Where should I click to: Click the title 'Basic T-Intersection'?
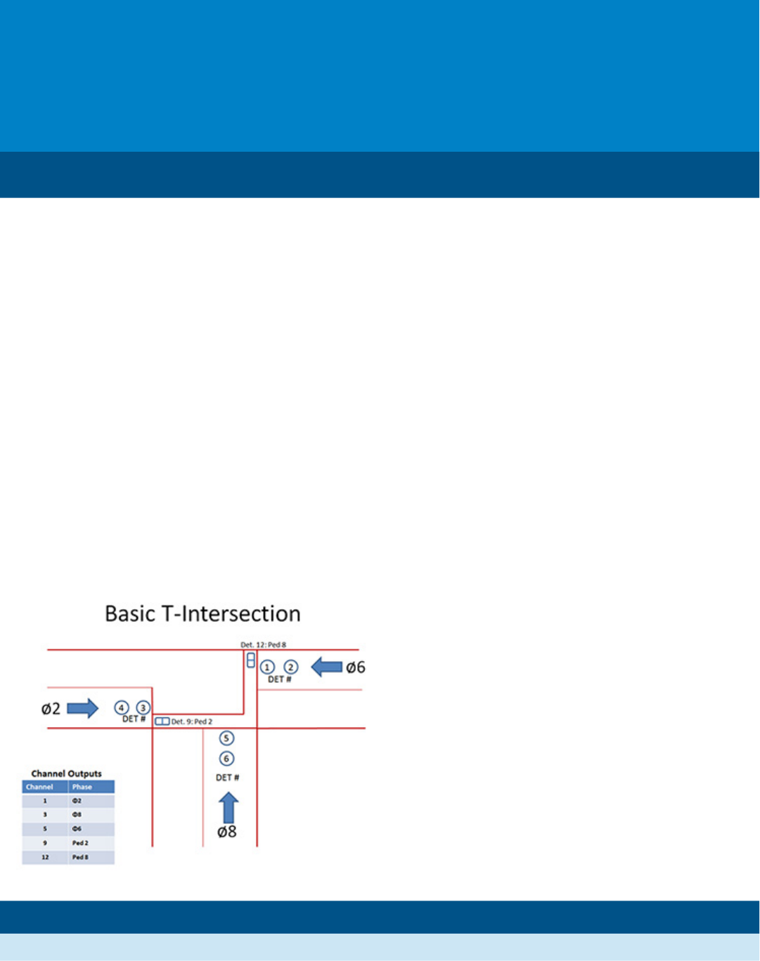(202, 614)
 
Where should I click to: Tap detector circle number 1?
(267, 667)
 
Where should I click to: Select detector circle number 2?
(290, 667)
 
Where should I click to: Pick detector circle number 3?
(143, 707)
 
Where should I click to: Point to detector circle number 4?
(122, 707)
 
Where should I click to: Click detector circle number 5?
(226, 738)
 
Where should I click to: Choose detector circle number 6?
(226, 759)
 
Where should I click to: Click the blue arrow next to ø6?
(326, 667)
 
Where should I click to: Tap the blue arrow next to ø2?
(82, 708)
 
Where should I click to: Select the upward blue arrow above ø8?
(228, 807)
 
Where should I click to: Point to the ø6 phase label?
(355, 667)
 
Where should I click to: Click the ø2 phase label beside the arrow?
(51, 709)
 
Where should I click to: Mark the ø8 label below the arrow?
(227, 832)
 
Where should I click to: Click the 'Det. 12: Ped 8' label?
(264, 645)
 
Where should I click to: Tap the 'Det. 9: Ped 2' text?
(192, 721)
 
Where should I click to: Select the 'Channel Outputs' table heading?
(67, 773)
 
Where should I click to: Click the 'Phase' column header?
(82, 787)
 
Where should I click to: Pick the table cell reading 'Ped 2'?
(80, 843)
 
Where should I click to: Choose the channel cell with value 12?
(45, 857)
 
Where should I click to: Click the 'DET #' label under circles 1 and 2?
(279, 679)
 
